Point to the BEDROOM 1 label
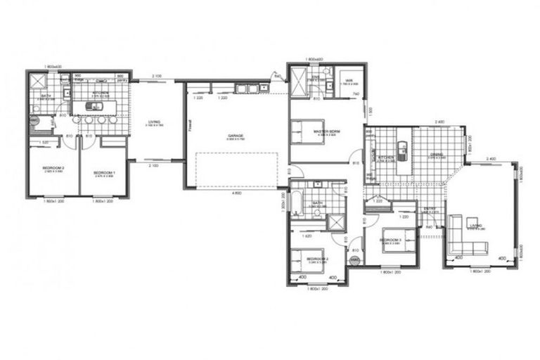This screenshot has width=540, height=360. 104,172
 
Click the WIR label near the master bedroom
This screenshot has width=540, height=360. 347,80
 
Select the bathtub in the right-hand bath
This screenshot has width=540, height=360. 295,205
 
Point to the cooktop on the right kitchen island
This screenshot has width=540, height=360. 401,148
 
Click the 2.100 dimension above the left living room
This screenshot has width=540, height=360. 156,76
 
